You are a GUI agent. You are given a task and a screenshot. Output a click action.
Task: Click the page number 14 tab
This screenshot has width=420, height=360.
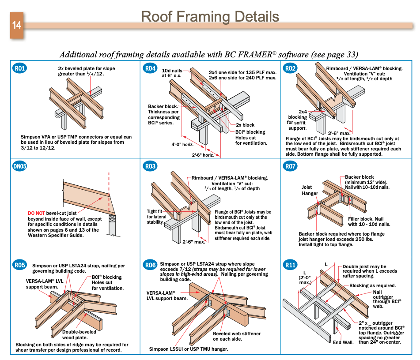(x=17, y=25)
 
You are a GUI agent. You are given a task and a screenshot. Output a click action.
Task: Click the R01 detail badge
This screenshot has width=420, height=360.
(x=20, y=68)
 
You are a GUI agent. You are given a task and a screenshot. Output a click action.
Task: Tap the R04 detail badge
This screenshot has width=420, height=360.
(x=151, y=68)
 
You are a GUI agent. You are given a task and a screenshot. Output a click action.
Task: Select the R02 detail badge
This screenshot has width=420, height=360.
(x=290, y=68)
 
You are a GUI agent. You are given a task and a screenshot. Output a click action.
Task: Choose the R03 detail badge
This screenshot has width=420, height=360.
(x=151, y=166)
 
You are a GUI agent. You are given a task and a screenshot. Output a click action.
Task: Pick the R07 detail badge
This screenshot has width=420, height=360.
(x=290, y=166)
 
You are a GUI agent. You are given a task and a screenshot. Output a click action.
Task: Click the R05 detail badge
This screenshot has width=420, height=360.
(x=20, y=265)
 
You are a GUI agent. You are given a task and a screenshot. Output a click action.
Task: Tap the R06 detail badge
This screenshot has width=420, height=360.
(x=151, y=265)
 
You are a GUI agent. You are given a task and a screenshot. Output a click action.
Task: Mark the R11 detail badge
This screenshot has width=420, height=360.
(x=290, y=265)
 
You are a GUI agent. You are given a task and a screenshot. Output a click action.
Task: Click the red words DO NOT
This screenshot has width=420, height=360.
(x=36, y=213)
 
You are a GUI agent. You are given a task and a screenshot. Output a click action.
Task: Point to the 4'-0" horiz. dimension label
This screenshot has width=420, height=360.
(x=184, y=144)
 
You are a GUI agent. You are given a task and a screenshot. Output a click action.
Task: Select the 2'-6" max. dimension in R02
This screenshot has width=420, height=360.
(x=339, y=133)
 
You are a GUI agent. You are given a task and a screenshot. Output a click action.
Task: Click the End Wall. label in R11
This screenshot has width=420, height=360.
(x=343, y=342)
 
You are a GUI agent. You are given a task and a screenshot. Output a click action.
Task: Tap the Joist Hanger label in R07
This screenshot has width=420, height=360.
(x=310, y=190)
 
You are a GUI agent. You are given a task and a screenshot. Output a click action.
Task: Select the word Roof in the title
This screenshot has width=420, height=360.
(x=155, y=16)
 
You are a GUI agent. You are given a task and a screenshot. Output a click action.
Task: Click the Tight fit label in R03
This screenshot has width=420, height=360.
(x=155, y=211)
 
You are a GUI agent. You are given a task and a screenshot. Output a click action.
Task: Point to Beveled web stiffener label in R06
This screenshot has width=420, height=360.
(x=237, y=337)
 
